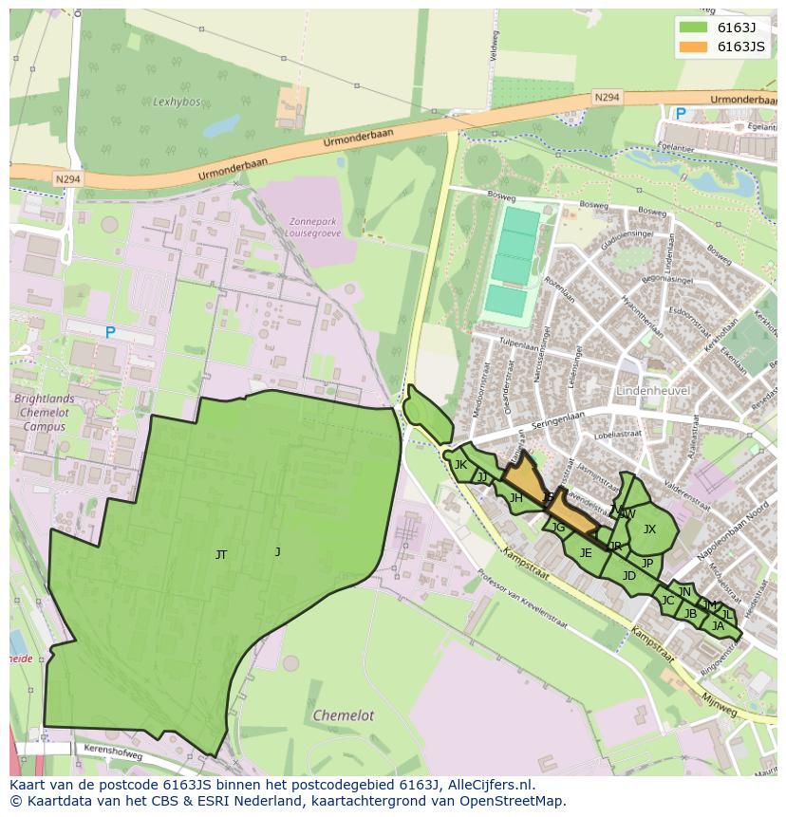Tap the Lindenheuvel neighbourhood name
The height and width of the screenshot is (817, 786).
click(x=652, y=391)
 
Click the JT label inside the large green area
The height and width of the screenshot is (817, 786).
click(x=221, y=555)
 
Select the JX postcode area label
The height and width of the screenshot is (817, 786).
click(x=649, y=529)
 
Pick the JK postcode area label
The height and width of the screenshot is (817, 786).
click(x=460, y=465)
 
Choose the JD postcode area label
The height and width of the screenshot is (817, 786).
click(x=628, y=576)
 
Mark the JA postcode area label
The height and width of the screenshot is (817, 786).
click(x=718, y=625)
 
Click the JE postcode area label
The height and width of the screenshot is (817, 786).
click(x=586, y=553)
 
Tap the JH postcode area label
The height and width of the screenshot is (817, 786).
click(x=515, y=498)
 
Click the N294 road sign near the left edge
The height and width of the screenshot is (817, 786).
click(x=67, y=177)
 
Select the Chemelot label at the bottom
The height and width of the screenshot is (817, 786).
click(x=343, y=715)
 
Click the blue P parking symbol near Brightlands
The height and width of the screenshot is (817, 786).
click(x=110, y=332)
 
